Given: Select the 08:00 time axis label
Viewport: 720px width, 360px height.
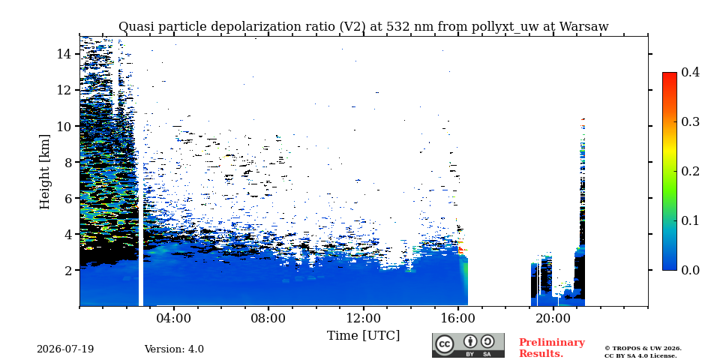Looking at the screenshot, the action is [268, 319].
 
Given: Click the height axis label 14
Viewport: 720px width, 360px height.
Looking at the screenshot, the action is [63, 54].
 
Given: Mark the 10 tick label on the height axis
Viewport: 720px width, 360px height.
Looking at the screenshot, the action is [63, 126].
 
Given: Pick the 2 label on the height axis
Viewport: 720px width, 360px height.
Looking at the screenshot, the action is [67, 270].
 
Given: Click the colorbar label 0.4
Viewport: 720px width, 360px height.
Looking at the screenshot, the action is [690, 72].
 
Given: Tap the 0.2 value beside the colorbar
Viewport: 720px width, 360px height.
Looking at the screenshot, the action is [690, 171].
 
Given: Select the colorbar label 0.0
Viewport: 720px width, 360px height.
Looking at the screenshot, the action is [690, 270].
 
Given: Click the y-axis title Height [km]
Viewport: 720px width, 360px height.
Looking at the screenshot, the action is [44, 172].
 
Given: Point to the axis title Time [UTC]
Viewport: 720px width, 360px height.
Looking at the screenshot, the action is [363, 336].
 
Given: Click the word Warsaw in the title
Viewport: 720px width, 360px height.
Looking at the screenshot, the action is [583, 27].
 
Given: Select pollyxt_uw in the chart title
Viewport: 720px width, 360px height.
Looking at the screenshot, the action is [502, 27].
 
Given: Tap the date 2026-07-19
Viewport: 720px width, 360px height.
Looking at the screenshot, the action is [65, 349].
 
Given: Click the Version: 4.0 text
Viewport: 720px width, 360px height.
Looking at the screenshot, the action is [174, 349].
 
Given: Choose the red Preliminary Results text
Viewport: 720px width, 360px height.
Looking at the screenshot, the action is [552, 348].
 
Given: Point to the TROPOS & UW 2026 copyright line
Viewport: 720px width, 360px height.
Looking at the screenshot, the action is [643, 349].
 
